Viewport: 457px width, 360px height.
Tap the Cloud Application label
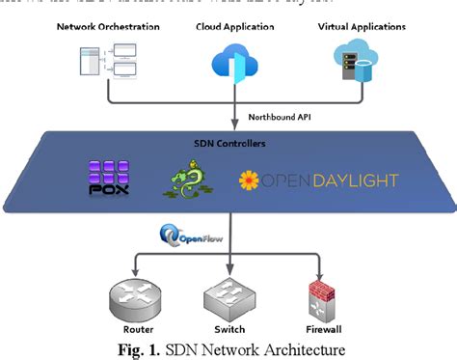[x=229, y=26]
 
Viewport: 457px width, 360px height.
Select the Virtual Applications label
[x=361, y=26]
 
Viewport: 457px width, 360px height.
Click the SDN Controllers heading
[x=229, y=143]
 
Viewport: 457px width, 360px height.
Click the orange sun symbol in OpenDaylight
[x=250, y=180]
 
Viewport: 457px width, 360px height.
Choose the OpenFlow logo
[x=187, y=234]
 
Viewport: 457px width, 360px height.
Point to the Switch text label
[x=228, y=329]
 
